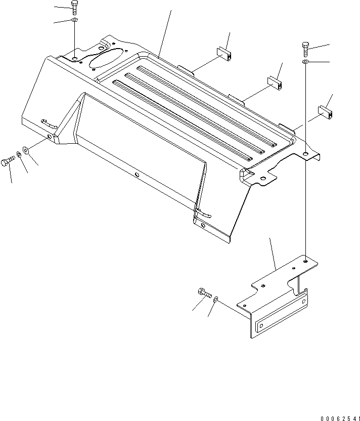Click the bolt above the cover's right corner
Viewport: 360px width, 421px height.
[306, 49]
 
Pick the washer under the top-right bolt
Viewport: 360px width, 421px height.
[306, 62]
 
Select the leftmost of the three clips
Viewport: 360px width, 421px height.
[223, 53]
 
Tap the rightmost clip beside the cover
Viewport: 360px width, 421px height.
[325, 112]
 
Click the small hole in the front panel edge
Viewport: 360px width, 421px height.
[137, 176]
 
